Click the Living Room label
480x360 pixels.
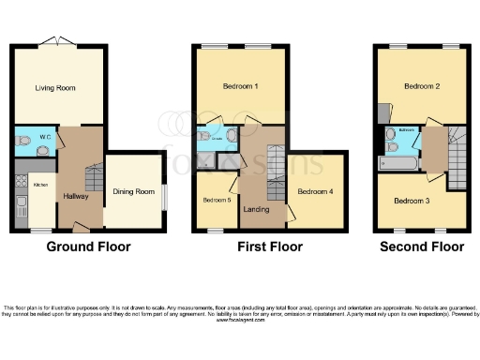pyautogui.click(x=55, y=88)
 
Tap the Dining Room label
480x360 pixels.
pyautogui.click(x=133, y=191)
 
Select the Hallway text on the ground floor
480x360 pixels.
pyautogui.click(x=75, y=195)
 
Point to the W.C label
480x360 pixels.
pyautogui.click(x=43, y=137)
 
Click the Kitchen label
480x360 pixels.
pyautogui.click(x=40, y=185)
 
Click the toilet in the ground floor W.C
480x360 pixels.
pyautogui.click(x=22, y=139)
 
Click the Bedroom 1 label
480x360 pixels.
pyautogui.click(x=240, y=86)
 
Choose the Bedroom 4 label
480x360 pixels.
pyautogui.click(x=314, y=191)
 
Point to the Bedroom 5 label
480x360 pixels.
pyautogui.click(x=217, y=199)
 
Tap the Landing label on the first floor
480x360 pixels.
pyautogui.click(x=257, y=208)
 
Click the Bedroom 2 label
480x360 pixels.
pyautogui.click(x=422, y=86)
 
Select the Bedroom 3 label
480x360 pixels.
pyautogui.click(x=412, y=201)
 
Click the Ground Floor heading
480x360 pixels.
pyautogui.click(x=89, y=247)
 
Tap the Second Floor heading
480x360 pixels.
pyautogui.click(x=422, y=247)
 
